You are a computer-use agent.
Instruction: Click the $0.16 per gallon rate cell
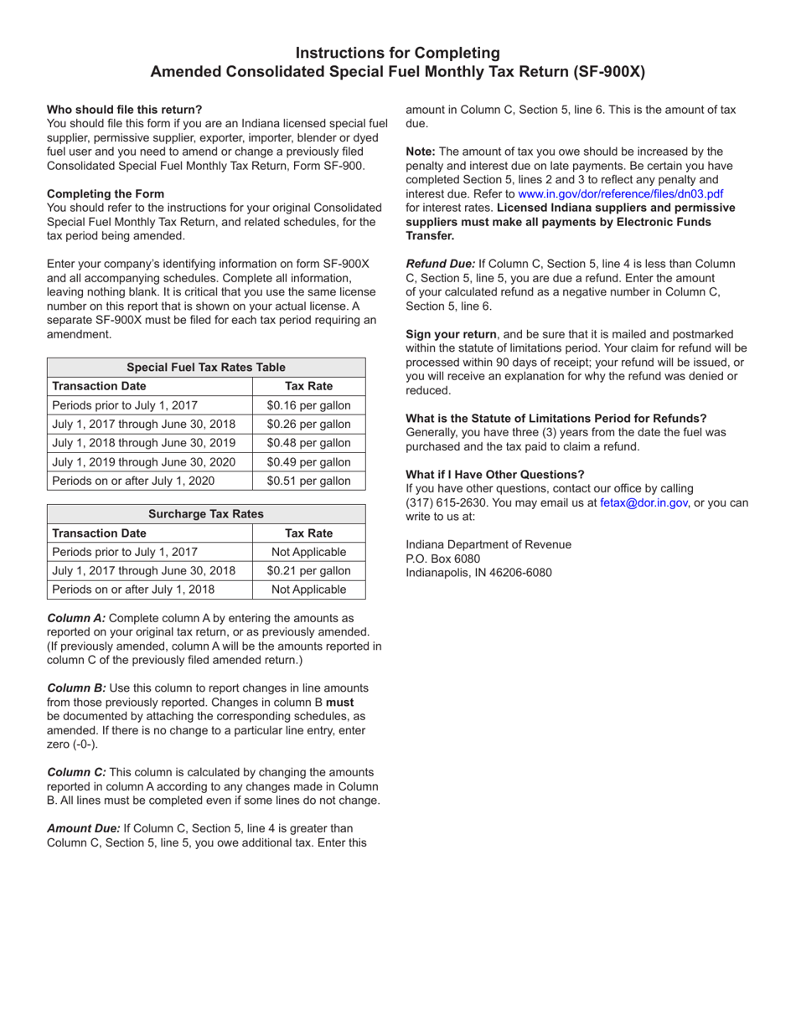[308, 405]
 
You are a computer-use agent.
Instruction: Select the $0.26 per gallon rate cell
[308, 424]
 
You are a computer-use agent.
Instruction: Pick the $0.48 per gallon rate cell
[308, 443]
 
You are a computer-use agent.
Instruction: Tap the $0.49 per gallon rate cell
[308, 461]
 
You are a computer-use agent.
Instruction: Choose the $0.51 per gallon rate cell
[308, 481]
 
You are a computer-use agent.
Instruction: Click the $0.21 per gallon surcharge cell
[308, 570]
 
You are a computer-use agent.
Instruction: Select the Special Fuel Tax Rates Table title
[206, 367]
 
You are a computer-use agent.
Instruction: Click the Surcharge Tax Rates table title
[206, 513]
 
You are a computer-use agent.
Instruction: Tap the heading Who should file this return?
[124, 109]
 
